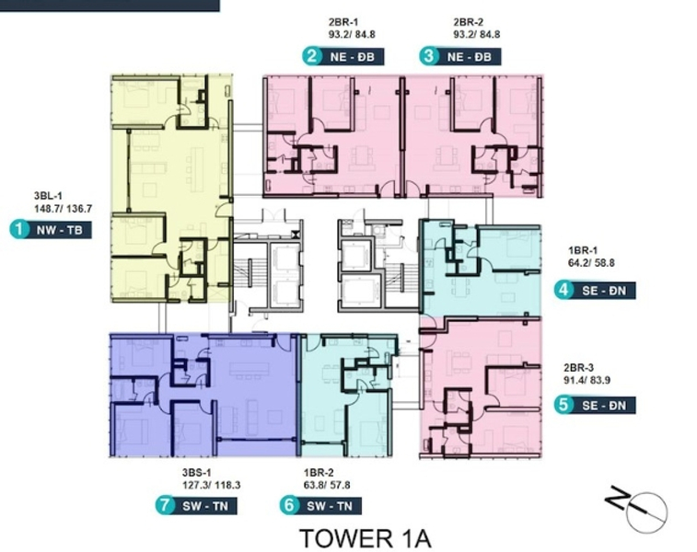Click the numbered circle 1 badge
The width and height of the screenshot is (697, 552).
tap(17, 230)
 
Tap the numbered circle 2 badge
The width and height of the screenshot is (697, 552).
tap(312, 56)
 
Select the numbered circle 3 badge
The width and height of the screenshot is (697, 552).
tap(428, 56)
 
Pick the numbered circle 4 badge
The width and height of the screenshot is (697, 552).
tap(563, 291)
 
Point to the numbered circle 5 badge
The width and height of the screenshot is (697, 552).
tap(563, 403)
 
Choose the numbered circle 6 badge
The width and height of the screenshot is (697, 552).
tap(289, 505)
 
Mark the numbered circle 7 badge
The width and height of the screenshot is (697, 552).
tap(166, 505)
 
